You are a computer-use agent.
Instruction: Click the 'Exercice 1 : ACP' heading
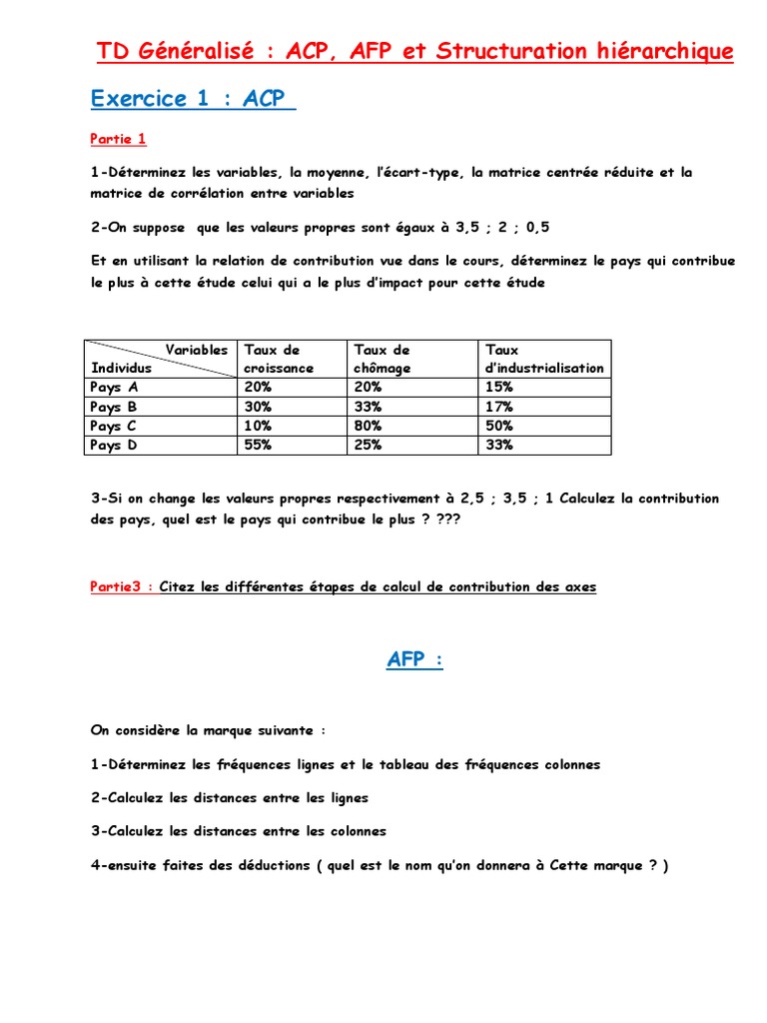[192, 98]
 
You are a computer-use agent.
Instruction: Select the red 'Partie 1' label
[118, 139]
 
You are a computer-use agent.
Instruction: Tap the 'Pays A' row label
[114, 388]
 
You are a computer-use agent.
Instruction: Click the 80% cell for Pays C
[368, 427]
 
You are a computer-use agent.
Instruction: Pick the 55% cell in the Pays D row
[258, 446]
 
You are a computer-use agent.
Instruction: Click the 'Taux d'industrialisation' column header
[543, 359]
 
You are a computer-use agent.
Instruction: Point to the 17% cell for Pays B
[498, 407]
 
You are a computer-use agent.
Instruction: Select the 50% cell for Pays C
[499, 427]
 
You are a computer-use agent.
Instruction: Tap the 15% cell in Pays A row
[498, 388]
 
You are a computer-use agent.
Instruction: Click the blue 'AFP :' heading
[413, 660]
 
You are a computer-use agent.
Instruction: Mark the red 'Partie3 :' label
[122, 587]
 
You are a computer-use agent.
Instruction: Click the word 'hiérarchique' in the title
[663, 51]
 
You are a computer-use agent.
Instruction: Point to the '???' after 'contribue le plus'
[448, 520]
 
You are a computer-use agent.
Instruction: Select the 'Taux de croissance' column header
[280, 359]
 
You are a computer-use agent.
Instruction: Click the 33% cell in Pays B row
[368, 407]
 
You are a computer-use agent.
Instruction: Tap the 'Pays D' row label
[114, 446]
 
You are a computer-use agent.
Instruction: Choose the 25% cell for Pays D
[368, 446]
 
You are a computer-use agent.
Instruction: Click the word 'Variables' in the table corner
[196, 350]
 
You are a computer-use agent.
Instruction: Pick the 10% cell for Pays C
[258, 427]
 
